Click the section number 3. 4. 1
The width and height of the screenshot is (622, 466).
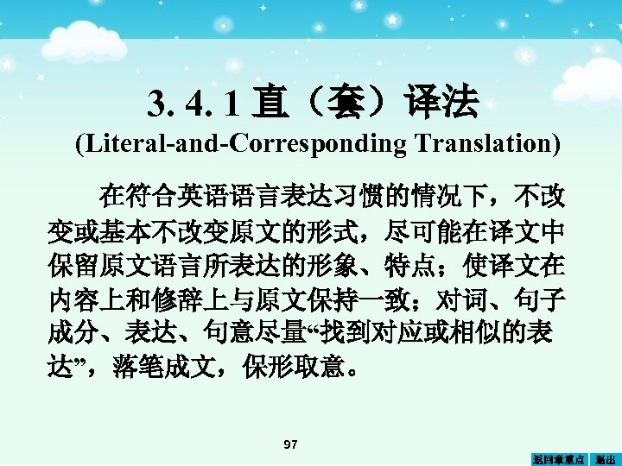191,104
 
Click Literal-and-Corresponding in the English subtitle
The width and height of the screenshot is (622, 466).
239,143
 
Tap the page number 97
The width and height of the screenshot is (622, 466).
291,444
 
